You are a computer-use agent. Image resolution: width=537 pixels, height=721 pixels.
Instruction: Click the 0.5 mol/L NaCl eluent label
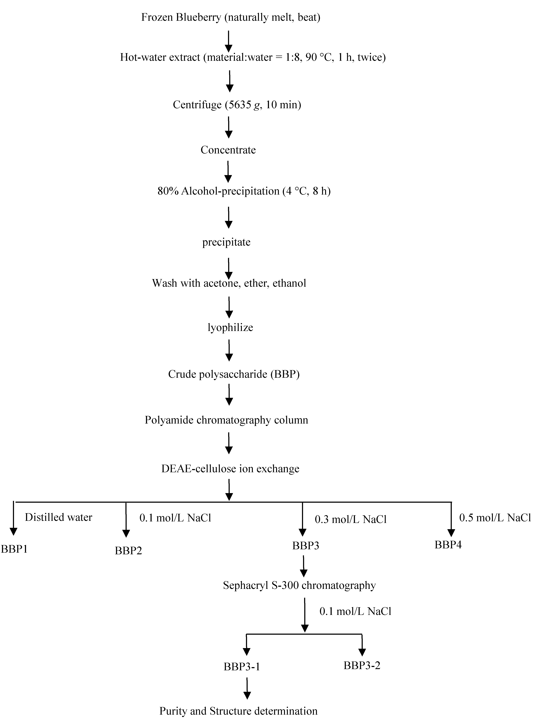[495, 517]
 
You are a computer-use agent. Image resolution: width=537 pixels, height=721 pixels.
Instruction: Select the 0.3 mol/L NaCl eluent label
[351, 519]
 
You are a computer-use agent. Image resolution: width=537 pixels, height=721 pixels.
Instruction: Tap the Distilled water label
[58, 517]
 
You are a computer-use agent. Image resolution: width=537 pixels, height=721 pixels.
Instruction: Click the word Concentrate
[228, 150]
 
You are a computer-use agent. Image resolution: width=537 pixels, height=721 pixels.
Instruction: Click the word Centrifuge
[197, 105]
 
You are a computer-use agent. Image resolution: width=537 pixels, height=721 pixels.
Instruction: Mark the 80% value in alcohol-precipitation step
[168, 191]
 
